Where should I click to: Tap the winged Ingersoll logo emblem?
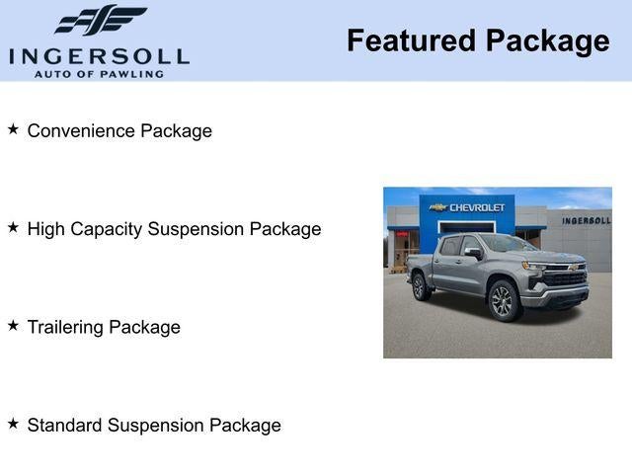[101, 20]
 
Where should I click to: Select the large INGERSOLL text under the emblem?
[99, 56]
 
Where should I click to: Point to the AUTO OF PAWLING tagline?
[99, 74]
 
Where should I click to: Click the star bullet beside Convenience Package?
[14, 129]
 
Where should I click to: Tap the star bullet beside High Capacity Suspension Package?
[14, 227]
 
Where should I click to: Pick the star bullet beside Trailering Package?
[14, 325]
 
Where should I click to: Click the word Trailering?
[65, 327]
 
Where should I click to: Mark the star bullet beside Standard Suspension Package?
[14, 424]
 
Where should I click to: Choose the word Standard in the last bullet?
[64, 426]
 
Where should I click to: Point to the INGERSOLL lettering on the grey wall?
[586, 220]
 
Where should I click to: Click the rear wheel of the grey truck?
[420, 286]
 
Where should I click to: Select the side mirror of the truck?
[474, 253]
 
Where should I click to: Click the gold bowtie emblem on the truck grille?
[572, 268]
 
